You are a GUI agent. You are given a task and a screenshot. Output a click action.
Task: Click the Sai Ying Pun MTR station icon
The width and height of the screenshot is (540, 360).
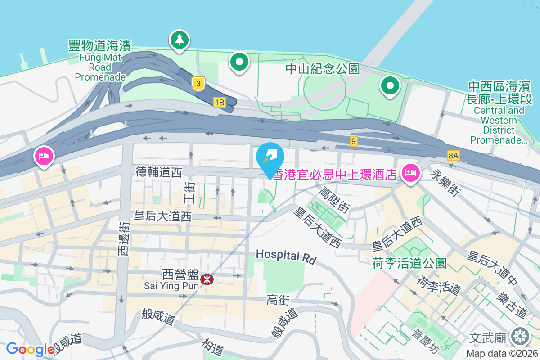pyautogui.click(x=207, y=279)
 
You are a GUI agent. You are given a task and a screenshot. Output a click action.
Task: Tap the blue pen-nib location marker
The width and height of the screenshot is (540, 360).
pyautogui.click(x=270, y=158)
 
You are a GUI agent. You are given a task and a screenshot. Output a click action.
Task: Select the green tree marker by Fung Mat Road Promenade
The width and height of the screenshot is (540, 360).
pyautogui.click(x=180, y=40)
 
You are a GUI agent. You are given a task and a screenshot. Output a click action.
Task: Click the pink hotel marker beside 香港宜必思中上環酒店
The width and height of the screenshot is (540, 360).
pyautogui.click(x=411, y=172)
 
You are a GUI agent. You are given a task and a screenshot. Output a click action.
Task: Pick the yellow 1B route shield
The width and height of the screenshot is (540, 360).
pyautogui.click(x=220, y=103)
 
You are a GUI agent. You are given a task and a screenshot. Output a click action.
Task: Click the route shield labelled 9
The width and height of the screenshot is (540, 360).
pyautogui.click(x=354, y=141)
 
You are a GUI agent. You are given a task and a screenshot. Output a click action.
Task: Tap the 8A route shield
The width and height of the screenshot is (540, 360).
pyautogui.click(x=454, y=156)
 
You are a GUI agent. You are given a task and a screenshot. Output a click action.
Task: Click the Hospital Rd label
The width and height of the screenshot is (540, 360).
pyautogui.click(x=286, y=256)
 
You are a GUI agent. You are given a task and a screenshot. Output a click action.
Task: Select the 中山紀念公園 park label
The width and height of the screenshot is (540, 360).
pyautogui.click(x=323, y=69)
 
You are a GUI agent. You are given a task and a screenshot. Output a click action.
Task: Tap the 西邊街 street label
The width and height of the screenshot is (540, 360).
pyautogui.click(x=124, y=238)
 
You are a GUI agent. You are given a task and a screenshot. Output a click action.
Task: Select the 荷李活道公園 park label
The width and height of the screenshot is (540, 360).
pyautogui.click(x=409, y=263)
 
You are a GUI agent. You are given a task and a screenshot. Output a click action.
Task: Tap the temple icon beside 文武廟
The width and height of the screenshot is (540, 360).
pyautogui.click(x=521, y=336)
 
